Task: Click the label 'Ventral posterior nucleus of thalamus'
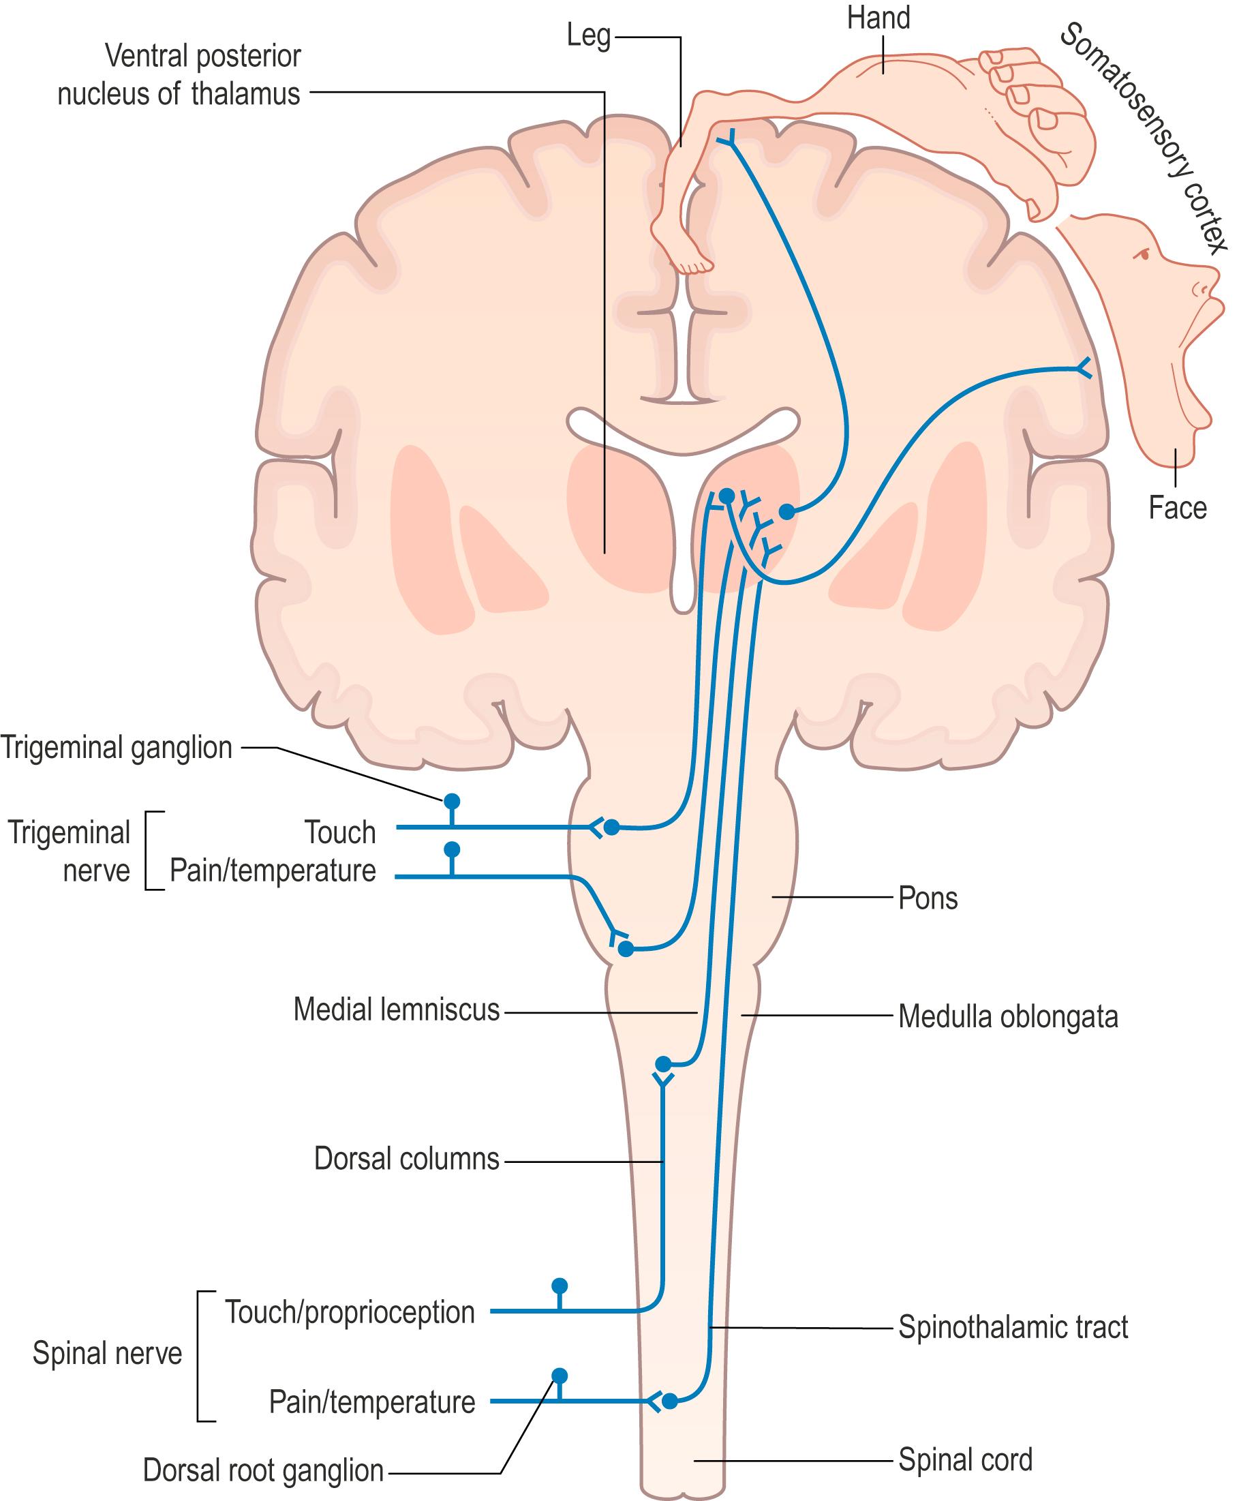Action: [179, 75]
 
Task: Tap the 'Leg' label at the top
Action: [588, 35]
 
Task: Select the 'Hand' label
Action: [878, 18]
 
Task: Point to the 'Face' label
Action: [1177, 509]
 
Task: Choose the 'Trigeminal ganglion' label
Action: [117, 748]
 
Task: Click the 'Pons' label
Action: [927, 898]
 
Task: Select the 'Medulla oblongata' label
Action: [1007, 1017]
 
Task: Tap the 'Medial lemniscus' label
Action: [396, 1010]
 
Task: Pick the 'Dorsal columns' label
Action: [406, 1159]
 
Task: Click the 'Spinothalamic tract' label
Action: [1013, 1328]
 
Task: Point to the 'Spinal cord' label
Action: [965, 1459]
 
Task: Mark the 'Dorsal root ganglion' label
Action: [262, 1471]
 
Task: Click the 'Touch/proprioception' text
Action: [350, 1313]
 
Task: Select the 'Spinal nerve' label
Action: [107, 1354]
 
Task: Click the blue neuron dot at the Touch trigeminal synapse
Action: [611, 828]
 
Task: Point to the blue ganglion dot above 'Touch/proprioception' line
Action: [560, 1286]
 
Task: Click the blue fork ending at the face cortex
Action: [1084, 368]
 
